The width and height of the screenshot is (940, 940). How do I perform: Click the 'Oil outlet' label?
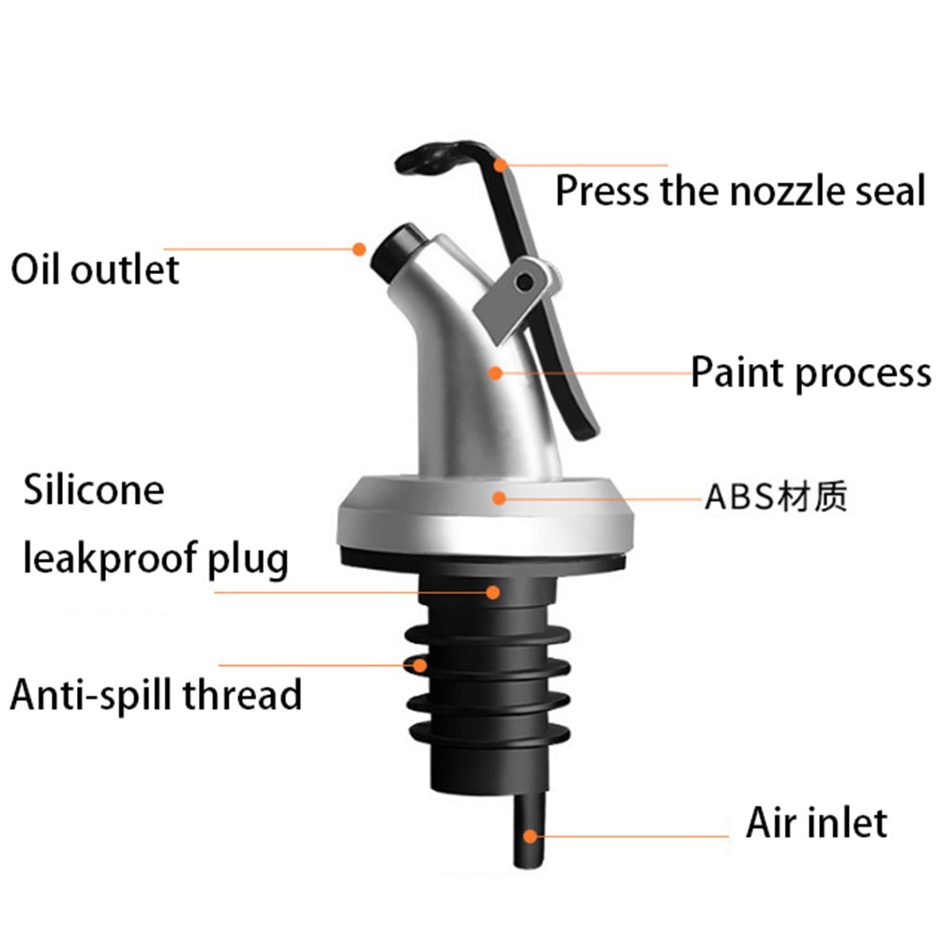coord(95,269)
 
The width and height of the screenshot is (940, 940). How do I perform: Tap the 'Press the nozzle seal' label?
coord(740,190)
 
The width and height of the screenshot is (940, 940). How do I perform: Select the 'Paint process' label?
coord(811,372)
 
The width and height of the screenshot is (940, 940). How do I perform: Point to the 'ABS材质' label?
coord(776,496)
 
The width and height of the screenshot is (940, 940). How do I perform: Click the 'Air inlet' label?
coord(816,823)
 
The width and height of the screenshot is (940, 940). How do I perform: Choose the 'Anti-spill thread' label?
coord(156,694)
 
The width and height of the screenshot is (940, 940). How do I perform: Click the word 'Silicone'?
coord(94,490)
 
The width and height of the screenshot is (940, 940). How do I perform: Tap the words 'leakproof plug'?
coord(156,559)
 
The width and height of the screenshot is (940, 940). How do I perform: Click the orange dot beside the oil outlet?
coord(359,249)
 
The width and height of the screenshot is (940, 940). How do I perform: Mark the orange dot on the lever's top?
coord(500,165)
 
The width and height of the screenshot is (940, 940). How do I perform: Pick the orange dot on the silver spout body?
coord(495,372)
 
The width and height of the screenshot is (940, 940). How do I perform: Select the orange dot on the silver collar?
coord(499,497)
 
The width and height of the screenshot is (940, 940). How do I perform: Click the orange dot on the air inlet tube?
coord(530,836)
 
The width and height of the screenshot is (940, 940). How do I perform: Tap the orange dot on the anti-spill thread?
coord(419,665)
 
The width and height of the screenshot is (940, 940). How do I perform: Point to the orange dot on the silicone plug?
coord(493,592)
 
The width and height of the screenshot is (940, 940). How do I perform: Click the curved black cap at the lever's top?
coord(441,156)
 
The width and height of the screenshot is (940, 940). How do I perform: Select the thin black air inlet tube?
coord(529,829)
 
